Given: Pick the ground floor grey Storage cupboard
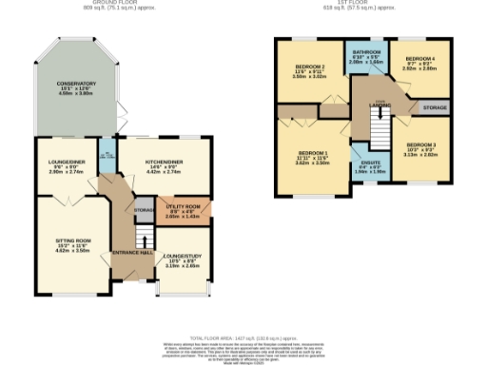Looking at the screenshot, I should [x=144, y=209].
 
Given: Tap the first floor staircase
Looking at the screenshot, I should [x=378, y=125].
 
